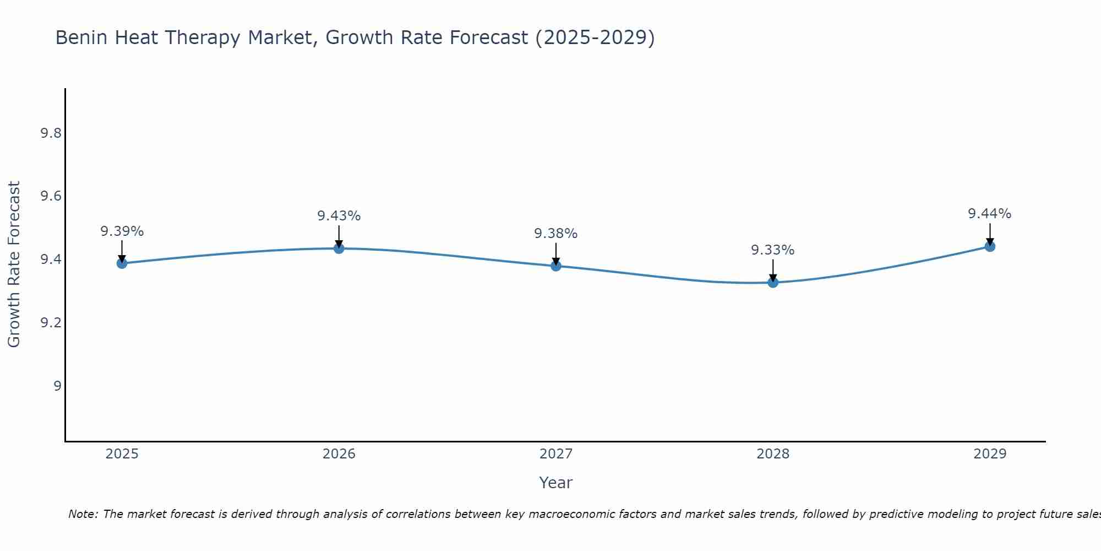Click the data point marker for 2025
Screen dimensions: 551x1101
[x=122, y=263]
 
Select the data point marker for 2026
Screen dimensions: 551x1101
[x=339, y=249]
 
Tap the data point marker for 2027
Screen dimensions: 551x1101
[x=555, y=266]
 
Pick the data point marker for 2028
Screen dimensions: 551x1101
[x=773, y=283]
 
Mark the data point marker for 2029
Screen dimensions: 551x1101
[x=990, y=246]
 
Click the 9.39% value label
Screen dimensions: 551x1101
[x=122, y=231]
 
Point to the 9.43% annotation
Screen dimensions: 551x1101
[x=339, y=216]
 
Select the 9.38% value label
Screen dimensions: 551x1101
[x=555, y=234]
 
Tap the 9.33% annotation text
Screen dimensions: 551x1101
[x=773, y=250]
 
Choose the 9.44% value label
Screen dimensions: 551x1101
[x=990, y=214]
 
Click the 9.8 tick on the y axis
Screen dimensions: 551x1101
[x=51, y=133]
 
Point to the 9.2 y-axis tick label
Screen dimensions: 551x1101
[x=51, y=323]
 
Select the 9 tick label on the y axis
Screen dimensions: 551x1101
[x=57, y=386]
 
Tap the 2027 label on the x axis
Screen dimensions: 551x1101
[x=555, y=454]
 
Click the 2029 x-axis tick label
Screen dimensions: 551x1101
[x=990, y=454]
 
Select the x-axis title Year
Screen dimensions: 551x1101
[x=555, y=483]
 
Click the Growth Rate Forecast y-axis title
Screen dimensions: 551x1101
[x=14, y=264]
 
